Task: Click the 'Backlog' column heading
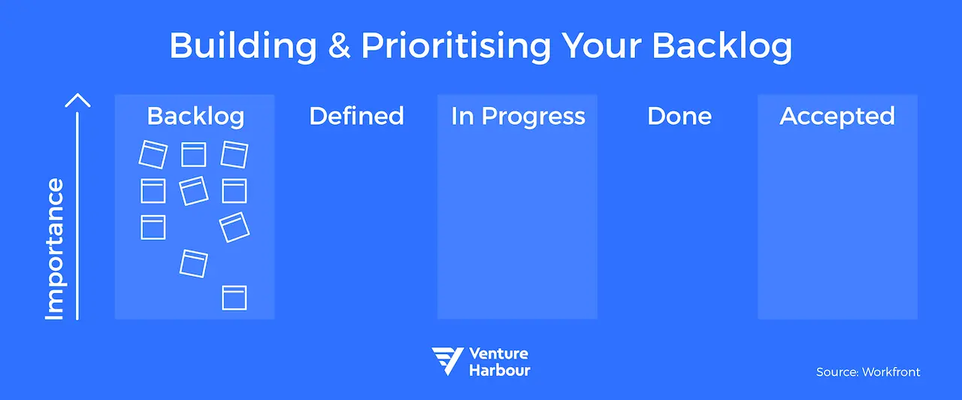(195, 117)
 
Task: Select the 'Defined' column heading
(356, 117)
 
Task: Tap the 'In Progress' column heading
(518, 117)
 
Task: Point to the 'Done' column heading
(679, 117)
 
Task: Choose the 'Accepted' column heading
(837, 117)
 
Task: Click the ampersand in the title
(338, 47)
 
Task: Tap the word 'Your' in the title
(602, 47)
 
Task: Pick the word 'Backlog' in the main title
(721, 47)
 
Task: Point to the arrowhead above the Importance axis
(77, 100)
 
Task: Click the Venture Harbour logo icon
(446, 361)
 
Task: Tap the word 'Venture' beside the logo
(498, 353)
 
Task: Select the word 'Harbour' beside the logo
(499, 370)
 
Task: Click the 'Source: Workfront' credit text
(868, 372)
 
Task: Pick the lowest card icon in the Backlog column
(234, 298)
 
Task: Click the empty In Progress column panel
(517, 226)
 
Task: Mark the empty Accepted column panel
(837, 226)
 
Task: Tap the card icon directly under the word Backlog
(193, 154)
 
